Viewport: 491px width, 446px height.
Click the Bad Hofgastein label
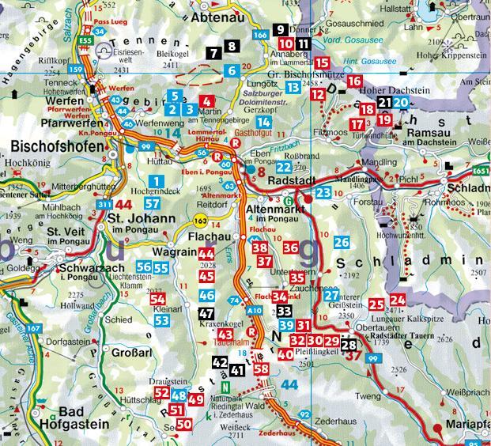(81, 417)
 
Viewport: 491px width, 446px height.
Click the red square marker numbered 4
(206, 101)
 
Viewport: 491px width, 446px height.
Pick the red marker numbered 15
(322, 62)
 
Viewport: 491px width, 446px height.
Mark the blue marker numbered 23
(323, 192)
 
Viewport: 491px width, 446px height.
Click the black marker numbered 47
(206, 313)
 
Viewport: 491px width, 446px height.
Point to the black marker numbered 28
(349, 344)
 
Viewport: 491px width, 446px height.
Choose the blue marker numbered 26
(341, 242)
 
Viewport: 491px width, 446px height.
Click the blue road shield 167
(32, 328)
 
